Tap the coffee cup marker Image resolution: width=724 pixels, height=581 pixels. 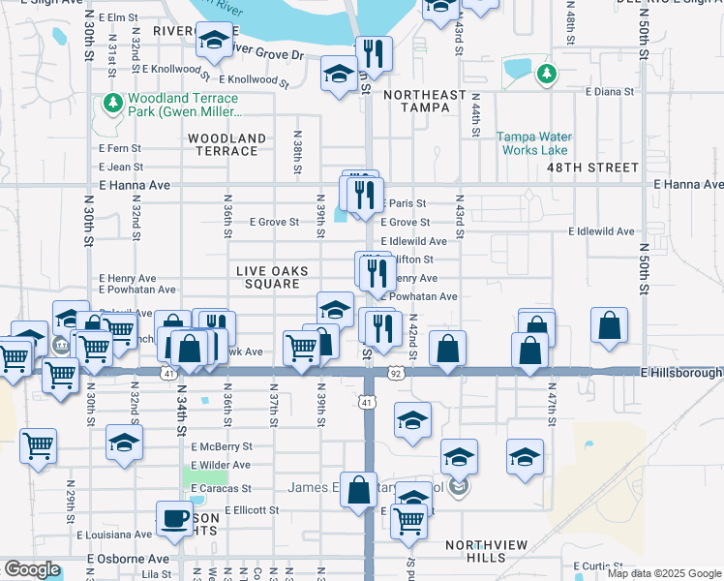coord(174,518)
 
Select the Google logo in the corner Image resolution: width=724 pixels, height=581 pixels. coord(31,568)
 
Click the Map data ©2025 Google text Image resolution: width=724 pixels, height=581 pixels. coord(663,573)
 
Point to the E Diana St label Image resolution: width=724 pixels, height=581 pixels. coord(610,92)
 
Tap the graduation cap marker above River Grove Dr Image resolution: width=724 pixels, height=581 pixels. coord(214,40)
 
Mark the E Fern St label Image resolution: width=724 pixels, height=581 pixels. coord(120,148)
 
